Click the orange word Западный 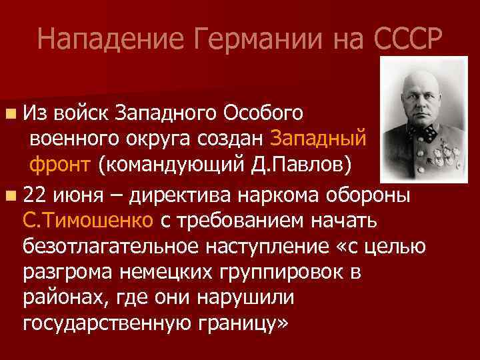[x=319, y=138]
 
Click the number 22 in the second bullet [x=35, y=197]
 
